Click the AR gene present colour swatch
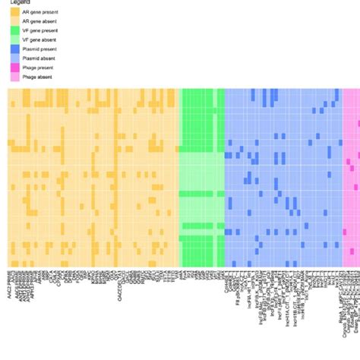(x=14, y=13)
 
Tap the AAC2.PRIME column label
(x=10, y=285)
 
